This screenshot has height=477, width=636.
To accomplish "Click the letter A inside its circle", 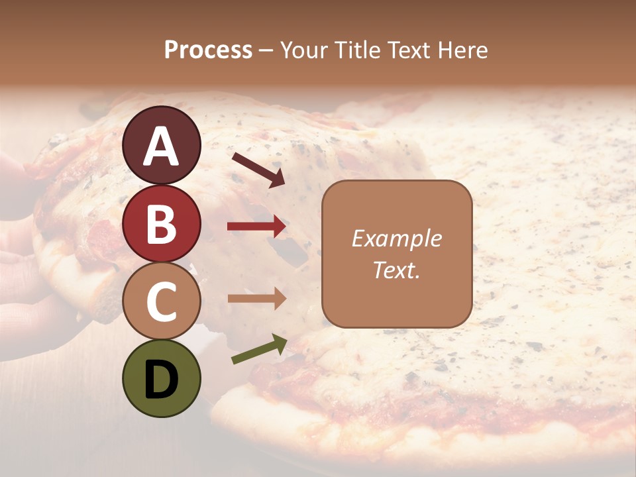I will point(161,146).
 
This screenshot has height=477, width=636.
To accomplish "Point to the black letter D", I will point(161,380).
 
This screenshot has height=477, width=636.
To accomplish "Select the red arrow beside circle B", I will point(256,227).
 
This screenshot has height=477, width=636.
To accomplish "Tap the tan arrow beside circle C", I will point(256,298).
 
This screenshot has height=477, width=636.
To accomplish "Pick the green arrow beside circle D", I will point(259,349).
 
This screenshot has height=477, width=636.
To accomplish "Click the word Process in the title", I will point(208,50).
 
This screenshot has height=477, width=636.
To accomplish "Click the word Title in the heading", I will point(358,50).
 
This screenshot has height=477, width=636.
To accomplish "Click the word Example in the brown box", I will point(397,238).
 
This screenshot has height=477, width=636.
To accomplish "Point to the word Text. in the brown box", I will point(397,270).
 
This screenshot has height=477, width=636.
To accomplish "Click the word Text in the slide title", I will point(411,50).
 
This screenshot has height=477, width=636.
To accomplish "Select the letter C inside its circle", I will point(161,302).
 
